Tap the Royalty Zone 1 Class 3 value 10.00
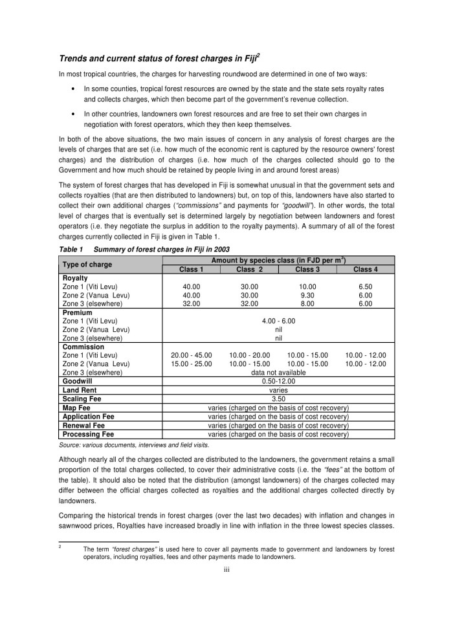(x=307, y=287)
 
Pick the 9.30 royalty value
(x=307, y=295)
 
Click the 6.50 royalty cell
(x=366, y=287)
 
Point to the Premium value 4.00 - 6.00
(x=278, y=321)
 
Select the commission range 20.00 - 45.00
(x=191, y=355)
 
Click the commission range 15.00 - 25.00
(x=191, y=364)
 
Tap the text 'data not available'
(x=278, y=373)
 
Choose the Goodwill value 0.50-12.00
(x=278, y=382)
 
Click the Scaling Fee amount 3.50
(x=278, y=399)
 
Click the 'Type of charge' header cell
(x=87, y=265)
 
